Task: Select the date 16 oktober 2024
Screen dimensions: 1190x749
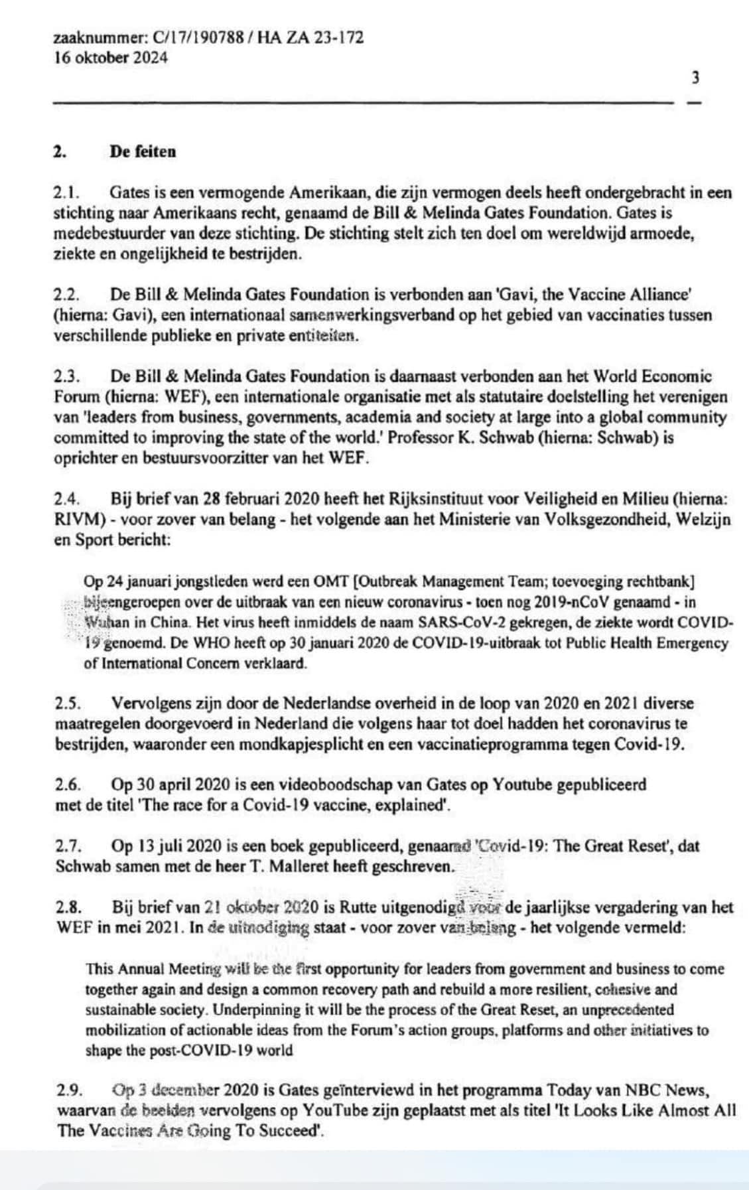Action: [110, 57]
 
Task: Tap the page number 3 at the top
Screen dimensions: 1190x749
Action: [695, 78]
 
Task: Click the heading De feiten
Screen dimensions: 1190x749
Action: [143, 151]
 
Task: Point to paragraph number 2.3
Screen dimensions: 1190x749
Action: [66, 376]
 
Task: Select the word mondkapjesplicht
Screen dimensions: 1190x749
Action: [306, 744]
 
